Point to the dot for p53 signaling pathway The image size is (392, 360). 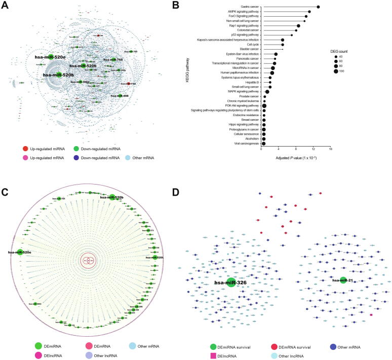click(292, 35)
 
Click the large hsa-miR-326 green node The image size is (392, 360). click(231, 283)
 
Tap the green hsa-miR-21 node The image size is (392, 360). click(343, 280)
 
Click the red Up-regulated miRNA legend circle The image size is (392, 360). click(25, 149)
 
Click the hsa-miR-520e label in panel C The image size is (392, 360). click(19, 252)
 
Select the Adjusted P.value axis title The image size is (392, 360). click(296, 159)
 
